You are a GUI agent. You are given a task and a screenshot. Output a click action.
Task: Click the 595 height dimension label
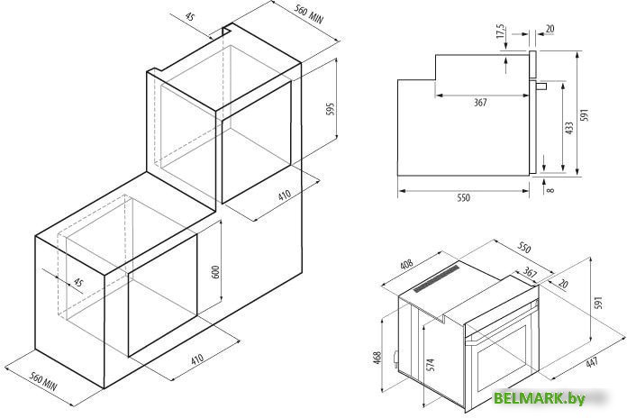click(x=330, y=109)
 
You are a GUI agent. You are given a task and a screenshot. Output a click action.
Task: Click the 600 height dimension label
click(x=214, y=271)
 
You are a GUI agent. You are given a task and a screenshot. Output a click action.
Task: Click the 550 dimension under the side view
click(x=464, y=196)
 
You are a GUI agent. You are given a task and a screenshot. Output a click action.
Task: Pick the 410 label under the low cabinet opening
click(x=196, y=358)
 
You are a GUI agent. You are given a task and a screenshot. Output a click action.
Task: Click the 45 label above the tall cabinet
click(x=188, y=15)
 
